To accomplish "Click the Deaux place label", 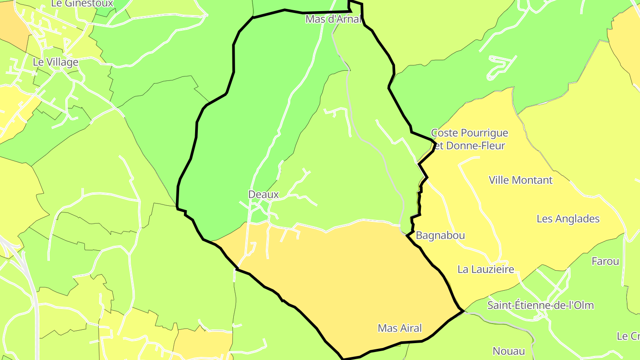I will tap(264, 194).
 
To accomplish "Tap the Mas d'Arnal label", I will tap(332, 19).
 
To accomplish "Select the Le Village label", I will tap(56, 62).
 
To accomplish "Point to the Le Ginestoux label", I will tap(83, 4).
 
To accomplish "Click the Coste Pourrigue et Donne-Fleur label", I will tap(469, 139).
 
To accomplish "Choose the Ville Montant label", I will tap(520, 180).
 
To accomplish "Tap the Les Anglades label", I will tap(568, 219).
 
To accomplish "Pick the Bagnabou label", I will tap(440, 235).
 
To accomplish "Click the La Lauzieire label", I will tap(486, 269).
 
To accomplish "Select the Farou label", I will tap(605, 261).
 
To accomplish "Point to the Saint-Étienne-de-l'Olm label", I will tap(540, 305).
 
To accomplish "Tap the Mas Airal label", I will tap(400, 328).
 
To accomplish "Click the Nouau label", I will tap(509, 351).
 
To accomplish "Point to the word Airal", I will tap(411, 328).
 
